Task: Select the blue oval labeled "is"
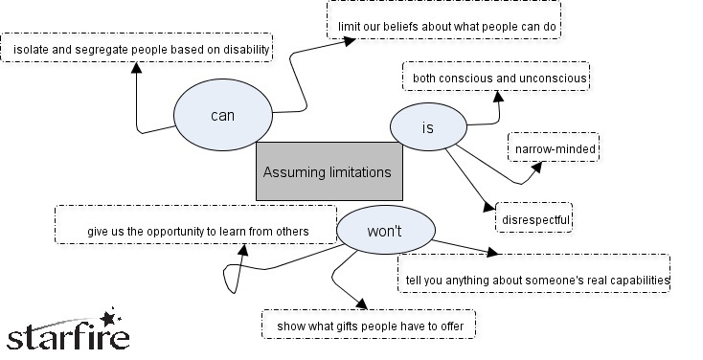click(428, 128)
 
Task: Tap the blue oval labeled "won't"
click(384, 230)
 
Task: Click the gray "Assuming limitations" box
click(328, 171)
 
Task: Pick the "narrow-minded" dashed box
click(554, 148)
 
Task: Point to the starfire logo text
click(67, 338)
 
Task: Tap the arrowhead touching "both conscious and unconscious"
click(497, 95)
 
